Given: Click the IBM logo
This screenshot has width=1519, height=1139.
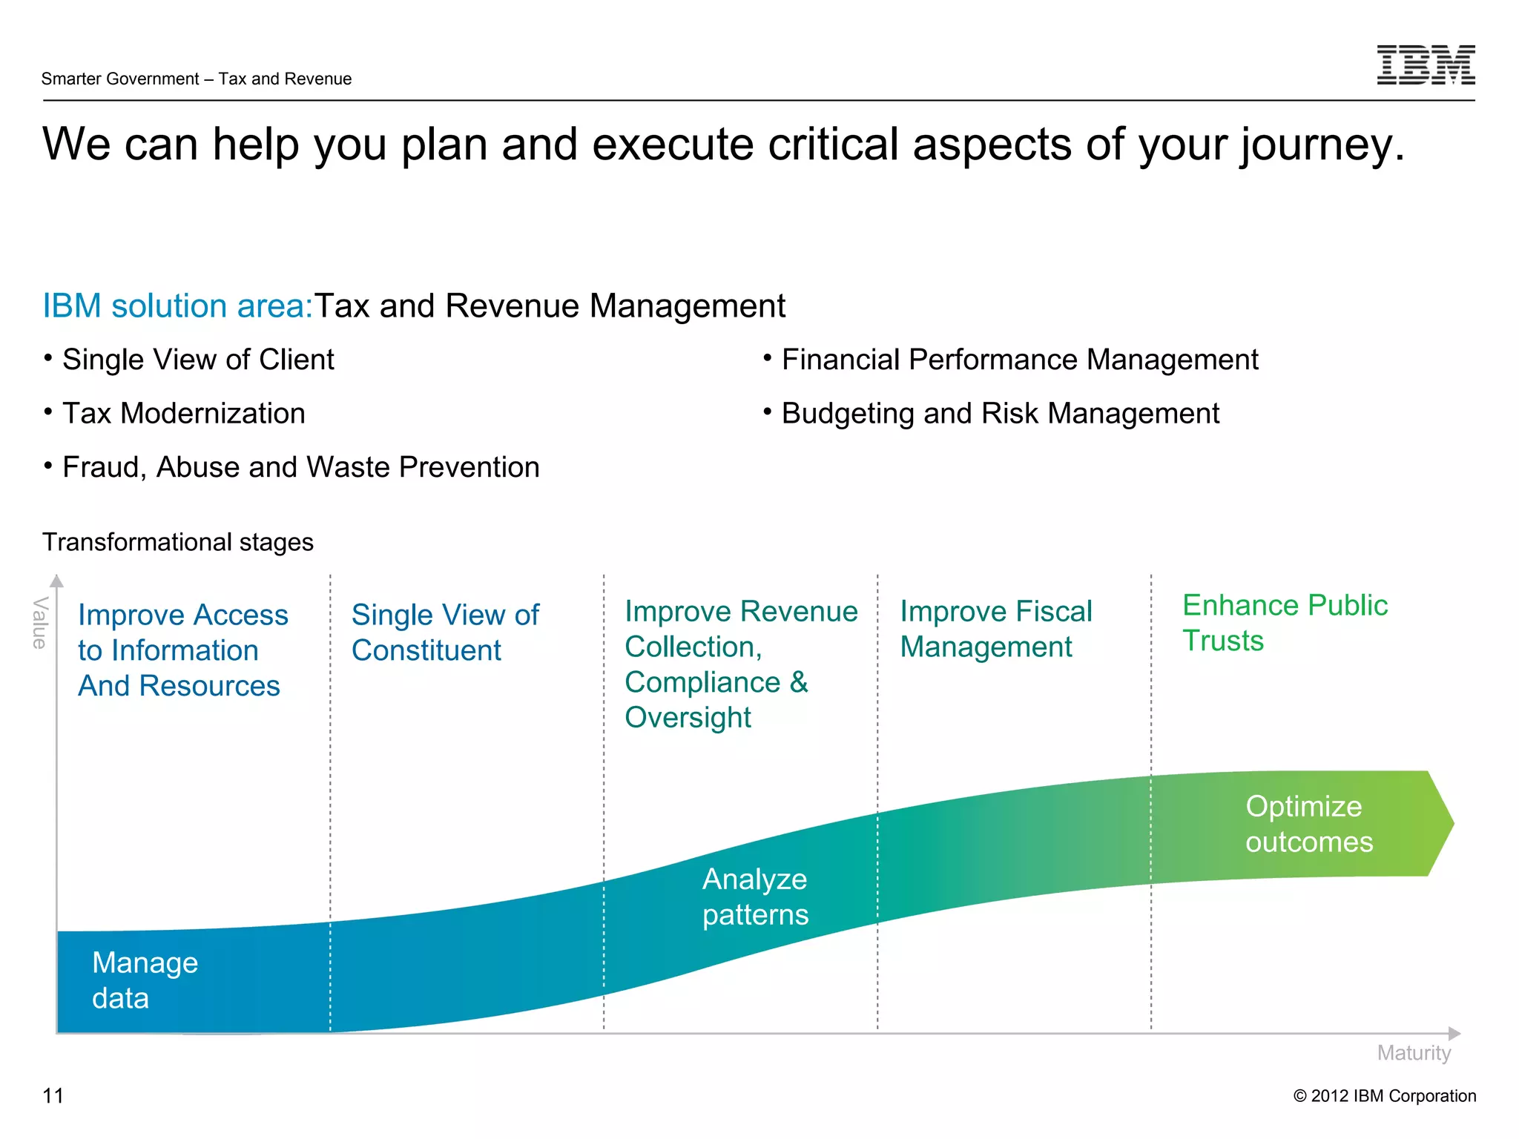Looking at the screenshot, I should click(x=1425, y=65).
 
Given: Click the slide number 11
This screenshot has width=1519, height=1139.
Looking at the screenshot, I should click(x=53, y=1095).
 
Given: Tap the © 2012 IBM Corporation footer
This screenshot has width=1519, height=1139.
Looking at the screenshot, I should click(x=1384, y=1095).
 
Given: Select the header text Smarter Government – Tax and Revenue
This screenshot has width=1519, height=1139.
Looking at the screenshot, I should click(x=197, y=79).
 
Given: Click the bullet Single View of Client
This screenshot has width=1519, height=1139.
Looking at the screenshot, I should click(x=198, y=360).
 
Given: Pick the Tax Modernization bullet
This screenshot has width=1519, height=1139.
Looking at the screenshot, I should click(x=183, y=413).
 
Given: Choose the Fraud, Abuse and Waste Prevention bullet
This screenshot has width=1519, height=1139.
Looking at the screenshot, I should click(x=300, y=467).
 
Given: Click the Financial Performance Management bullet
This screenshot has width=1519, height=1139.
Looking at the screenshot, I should click(x=1019, y=360).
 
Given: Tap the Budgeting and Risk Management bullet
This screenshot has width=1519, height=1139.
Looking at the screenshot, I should click(x=1000, y=413).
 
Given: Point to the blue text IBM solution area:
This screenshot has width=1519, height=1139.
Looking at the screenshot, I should click(x=178, y=306).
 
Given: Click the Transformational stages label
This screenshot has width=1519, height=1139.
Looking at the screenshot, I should click(x=178, y=542).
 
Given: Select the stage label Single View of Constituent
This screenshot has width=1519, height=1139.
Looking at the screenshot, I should click(x=445, y=633).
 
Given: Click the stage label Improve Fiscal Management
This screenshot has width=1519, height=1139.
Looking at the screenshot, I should click(x=995, y=629).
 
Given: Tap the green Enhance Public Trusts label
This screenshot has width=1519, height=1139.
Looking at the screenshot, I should click(x=1284, y=623).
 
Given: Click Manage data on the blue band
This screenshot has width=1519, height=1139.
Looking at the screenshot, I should click(x=145, y=980).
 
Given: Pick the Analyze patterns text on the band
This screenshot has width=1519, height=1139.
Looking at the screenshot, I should click(x=755, y=897).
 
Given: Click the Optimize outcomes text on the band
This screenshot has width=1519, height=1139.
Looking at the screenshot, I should click(x=1308, y=824).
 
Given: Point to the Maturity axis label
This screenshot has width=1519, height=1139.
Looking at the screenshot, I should click(x=1413, y=1053).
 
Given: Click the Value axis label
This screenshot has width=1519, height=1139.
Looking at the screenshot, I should click(x=40, y=623).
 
